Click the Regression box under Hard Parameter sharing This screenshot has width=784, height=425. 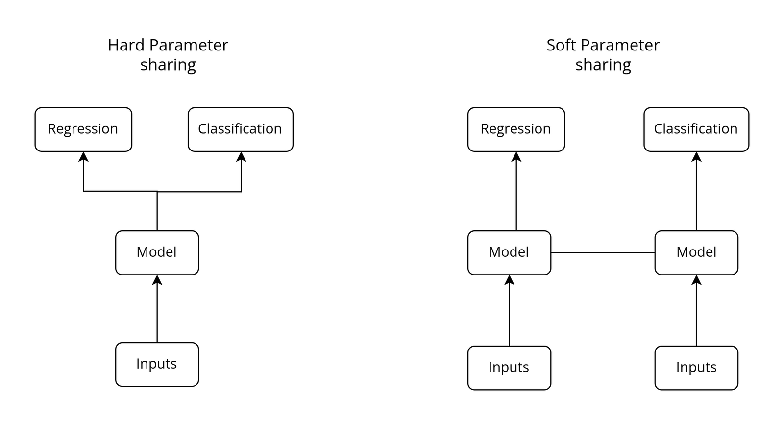[83, 129]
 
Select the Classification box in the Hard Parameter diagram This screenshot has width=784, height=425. [240, 129]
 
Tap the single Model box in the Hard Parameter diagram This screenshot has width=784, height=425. [157, 252]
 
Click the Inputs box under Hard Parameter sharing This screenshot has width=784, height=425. [157, 364]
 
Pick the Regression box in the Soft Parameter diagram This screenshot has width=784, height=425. [516, 129]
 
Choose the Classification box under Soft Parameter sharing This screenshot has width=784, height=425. [696, 129]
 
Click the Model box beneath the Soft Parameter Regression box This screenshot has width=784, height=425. [509, 252]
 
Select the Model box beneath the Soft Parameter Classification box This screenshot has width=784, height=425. [696, 252]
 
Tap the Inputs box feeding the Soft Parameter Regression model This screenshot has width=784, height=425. [509, 368]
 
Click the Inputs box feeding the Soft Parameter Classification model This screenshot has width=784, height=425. [696, 368]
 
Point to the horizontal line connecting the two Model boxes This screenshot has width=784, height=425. [603, 253]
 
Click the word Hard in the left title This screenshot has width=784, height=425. [126, 45]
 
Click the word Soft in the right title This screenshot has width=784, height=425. [561, 45]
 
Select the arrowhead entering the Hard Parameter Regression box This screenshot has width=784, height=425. [83, 157]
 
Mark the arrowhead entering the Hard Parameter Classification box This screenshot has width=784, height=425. [241, 157]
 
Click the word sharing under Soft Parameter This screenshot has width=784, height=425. [603, 65]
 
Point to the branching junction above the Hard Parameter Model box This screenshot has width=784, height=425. [157, 191]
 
